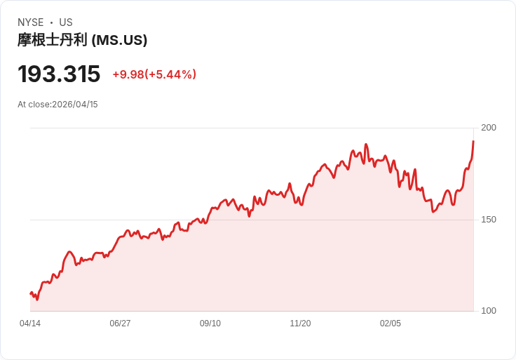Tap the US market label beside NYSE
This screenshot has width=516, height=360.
pos(66,22)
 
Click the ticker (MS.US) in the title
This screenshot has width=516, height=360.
pos(119,41)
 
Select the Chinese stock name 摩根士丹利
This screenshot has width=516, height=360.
pos(53,41)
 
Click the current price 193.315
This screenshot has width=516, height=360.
pos(59,74)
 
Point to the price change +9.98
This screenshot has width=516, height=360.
pos(128,74)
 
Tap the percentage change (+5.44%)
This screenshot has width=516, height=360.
pos(170,74)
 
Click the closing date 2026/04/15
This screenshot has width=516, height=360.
pos(75,105)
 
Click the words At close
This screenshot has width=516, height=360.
pos(34,105)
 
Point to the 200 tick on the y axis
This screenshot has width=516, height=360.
pos(489,128)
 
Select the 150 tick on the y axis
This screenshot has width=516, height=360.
pos(489,220)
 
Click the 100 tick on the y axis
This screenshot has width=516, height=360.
pos(489,311)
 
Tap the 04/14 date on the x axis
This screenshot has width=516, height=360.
pos(30,324)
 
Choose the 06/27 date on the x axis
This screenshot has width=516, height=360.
pos(120,324)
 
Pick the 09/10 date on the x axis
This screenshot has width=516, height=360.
pos(210,324)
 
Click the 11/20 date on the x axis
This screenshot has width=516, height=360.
pos(300,324)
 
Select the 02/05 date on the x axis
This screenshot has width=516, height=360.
pos(391,324)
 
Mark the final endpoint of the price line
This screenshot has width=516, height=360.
pos(473,141)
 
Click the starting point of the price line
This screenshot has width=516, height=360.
pos(30,293)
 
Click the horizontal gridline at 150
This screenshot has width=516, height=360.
pos(252,220)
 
